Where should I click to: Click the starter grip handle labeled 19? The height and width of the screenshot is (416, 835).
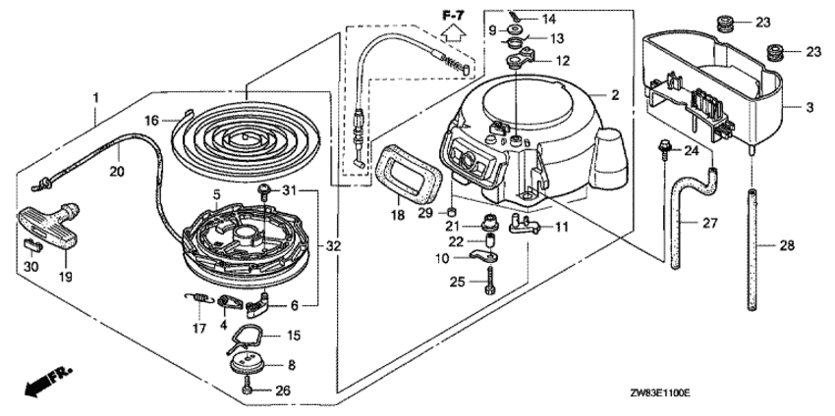tap(50, 229)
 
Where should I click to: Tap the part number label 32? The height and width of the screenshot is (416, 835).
tap(334, 246)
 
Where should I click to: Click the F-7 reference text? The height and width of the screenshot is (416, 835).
tap(453, 16)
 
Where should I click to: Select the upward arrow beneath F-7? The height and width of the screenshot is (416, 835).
tap(453, 33)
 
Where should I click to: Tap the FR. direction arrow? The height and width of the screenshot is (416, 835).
tap(47, 383)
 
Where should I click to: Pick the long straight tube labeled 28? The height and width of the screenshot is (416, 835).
tap(752, 249)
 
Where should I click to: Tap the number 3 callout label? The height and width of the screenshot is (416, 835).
tap(809, 108)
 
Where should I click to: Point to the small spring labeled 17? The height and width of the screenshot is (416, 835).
tap(199, 299)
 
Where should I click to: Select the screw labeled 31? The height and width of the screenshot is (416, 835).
tap(263, 190)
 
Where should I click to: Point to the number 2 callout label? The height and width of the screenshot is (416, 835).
tap(615, 95)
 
